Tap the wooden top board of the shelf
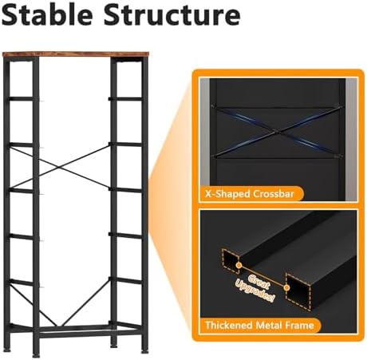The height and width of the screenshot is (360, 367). click(76, 54)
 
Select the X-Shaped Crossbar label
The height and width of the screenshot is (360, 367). click(251, 194)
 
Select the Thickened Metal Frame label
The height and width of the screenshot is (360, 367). click(260, 325)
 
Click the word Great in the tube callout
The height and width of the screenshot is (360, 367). click(258, 282)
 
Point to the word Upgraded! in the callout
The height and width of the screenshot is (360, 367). click(255, 291)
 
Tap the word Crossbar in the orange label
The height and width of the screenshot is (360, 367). click(273, 194)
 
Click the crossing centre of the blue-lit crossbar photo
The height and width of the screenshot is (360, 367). click(278, 131)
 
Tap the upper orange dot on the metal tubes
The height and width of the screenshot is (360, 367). click(239, 265)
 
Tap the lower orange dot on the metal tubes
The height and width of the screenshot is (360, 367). click(286, 287)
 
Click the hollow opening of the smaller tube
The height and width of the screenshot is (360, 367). click(231, 261)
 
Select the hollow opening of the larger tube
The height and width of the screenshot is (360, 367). click(298, 291)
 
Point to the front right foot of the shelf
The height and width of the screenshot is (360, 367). click(144, 351)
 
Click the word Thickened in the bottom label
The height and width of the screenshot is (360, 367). click(229, 325)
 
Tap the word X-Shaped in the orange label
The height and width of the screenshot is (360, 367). click(227, 194)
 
